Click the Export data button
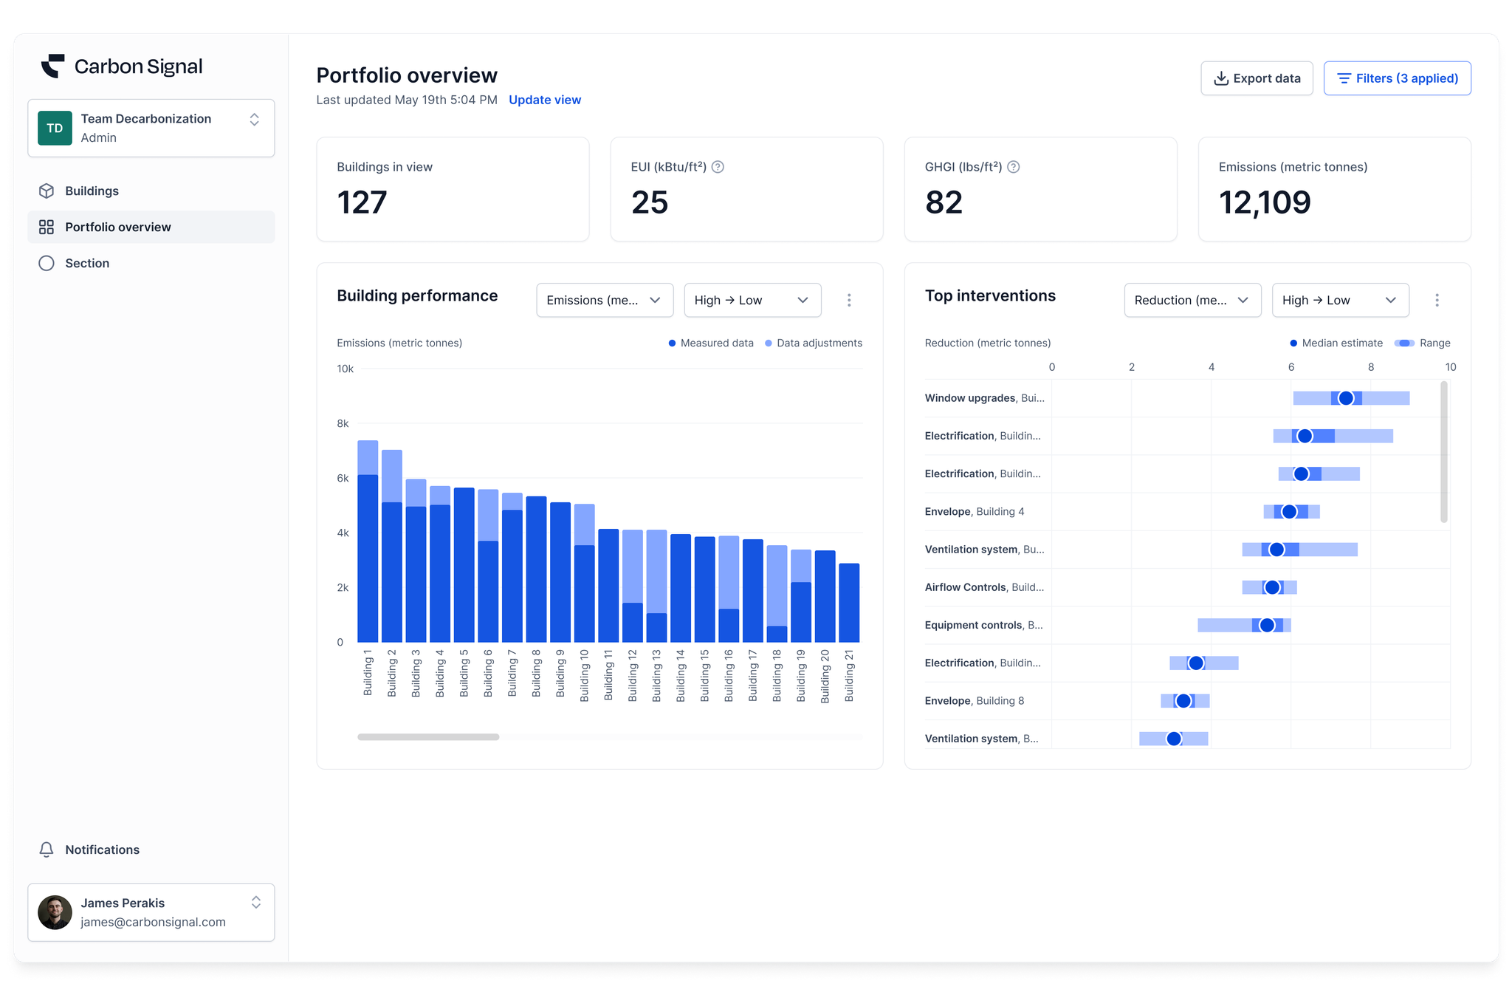(1257, 78)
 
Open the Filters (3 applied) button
(1397, 78)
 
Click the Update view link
(545, 100)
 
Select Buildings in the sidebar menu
(92, 191)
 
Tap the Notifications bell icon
(47, 849)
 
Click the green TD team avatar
(55, 128)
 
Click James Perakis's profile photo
(55, 912)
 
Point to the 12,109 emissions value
(1265, 202)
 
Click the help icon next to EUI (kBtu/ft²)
(718, 167)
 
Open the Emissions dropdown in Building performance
(604, 300)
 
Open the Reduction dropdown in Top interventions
(1192, 300)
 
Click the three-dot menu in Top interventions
(1437, 300)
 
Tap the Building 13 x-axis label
(656, 675)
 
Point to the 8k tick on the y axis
(343, 423)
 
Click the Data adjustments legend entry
(814, 343)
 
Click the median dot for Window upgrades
(1346, 398)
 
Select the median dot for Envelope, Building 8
(1183, 701)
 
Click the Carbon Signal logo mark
(52, 66)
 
